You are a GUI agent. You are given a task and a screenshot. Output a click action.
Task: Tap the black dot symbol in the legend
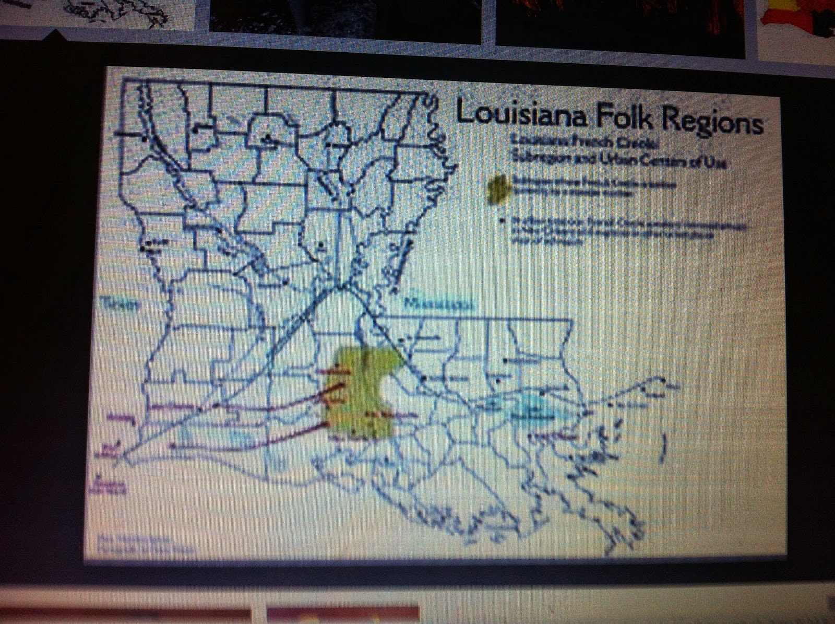[x=502, y=222]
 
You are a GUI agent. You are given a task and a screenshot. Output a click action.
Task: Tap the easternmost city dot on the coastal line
[x=664, y=382]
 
